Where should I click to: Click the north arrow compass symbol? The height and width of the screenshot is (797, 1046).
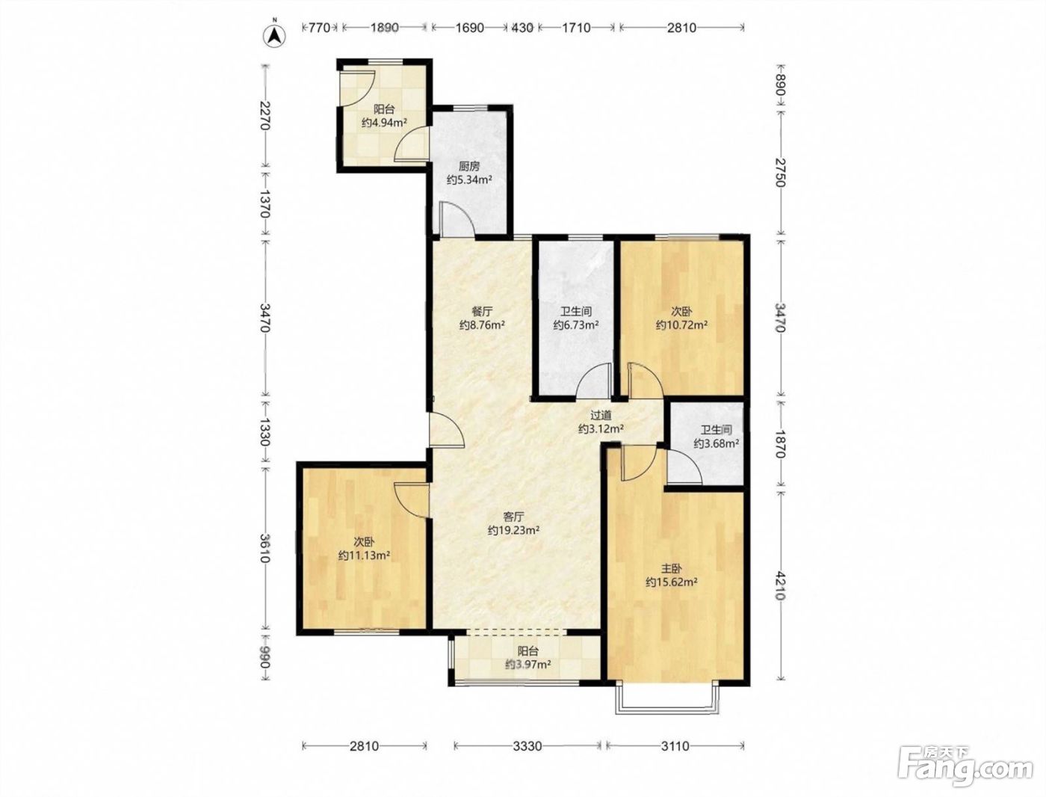click(275, 35)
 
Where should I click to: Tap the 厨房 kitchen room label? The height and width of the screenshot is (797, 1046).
click(469, 167)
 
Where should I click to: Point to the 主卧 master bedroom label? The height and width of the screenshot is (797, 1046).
click(672, 568)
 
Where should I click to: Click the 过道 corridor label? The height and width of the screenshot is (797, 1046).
click(601, 416)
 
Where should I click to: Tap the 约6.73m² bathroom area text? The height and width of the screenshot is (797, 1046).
click(576, 325)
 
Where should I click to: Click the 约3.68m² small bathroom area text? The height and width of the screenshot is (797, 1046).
click(717, 443)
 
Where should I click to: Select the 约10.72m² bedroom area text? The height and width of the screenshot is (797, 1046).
click(681, 325)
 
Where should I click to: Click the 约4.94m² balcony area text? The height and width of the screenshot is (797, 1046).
click(384, 123)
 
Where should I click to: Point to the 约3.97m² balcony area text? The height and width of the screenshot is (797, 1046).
click(528, 664)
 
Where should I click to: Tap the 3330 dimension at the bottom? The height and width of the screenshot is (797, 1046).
click(527, 746)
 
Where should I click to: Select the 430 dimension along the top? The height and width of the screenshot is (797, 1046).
click(522, 28)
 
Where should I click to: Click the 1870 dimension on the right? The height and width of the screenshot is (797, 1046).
click(779, 444)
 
